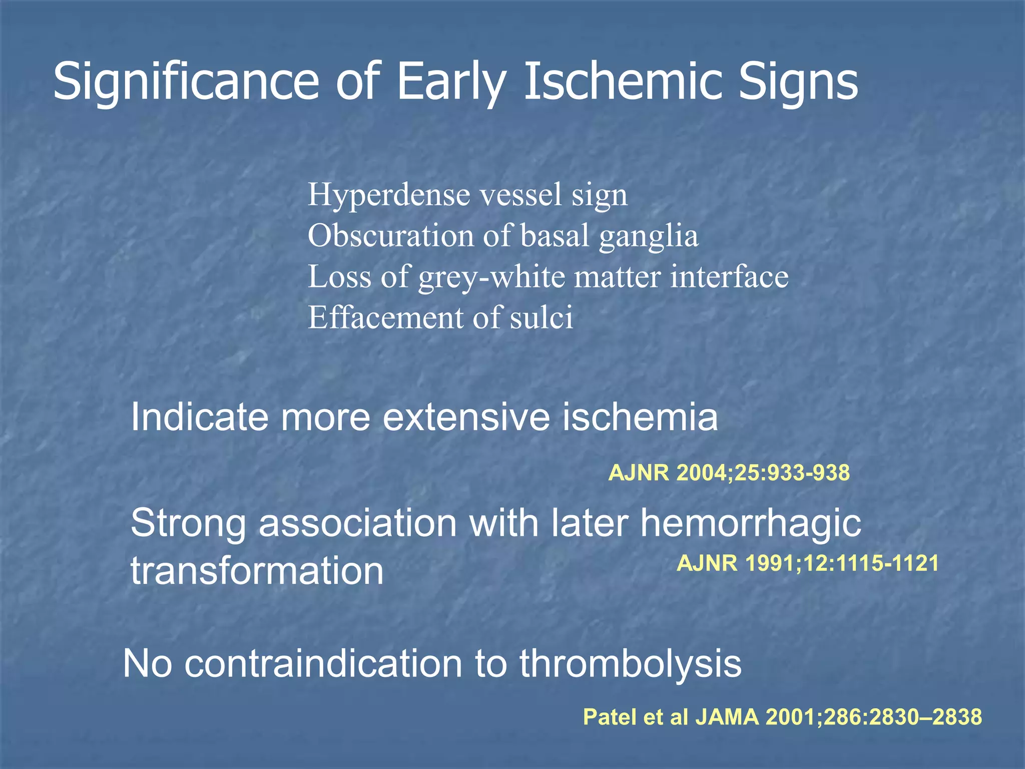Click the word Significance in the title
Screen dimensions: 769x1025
(x=186, y=82)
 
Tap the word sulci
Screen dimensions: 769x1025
(x=541, y=317)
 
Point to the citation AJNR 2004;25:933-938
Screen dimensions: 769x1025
(x=729, y=473)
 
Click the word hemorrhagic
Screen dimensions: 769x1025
(x=751, y=524)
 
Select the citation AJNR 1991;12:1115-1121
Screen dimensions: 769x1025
(x=807, y=564)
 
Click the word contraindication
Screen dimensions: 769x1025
(x=323, y=664)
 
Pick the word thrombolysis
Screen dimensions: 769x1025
(x=630, y=664)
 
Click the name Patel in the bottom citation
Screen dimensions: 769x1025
(x=610, y=717)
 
